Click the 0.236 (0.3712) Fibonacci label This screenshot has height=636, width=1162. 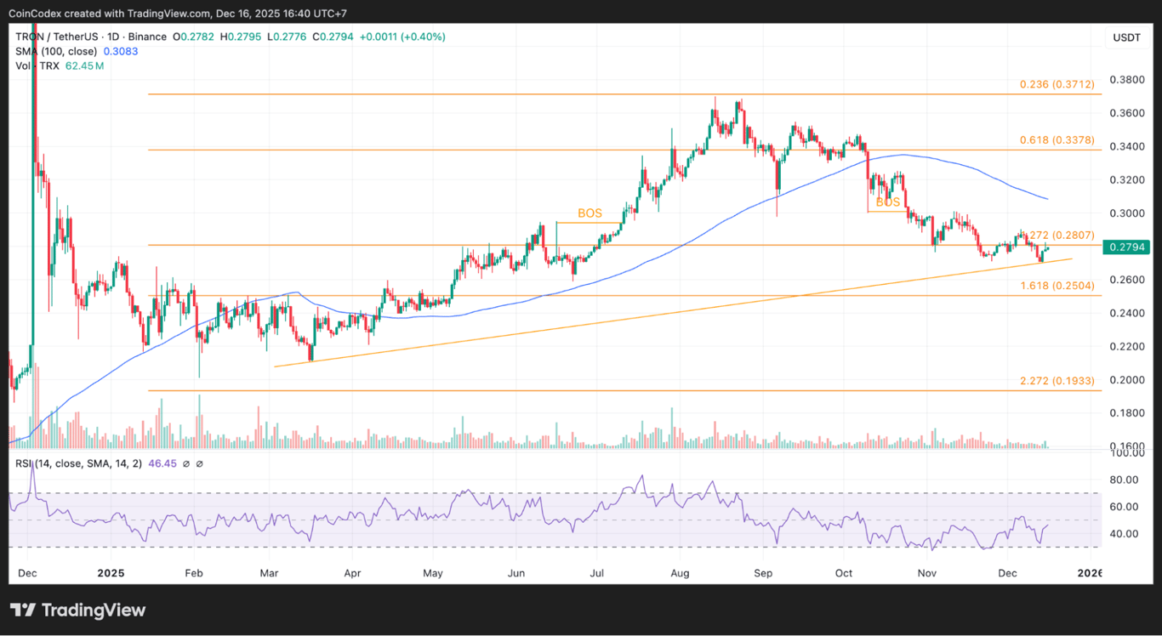pyautogui.click(x=1057, y=85)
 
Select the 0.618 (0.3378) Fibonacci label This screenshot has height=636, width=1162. pyautogui.click(x=1057, y=139)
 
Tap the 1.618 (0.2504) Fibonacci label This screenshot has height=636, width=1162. pyautogui.click(x=1057, y=286)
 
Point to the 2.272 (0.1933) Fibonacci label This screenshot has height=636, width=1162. pyautogui.click(x=1057, y=381)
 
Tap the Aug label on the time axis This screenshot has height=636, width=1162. pyautogui.click(x=681, y=574)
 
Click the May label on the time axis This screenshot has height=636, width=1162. pyautogui.click(x=433, y=574)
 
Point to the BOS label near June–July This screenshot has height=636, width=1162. pyautogui.click(x=590, y=213)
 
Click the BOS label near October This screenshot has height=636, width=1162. pyautogui.click(x=887, y=203)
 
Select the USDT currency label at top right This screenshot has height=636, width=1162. pyautogui.click(x=1126, y=37)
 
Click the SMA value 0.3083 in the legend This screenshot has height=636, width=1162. pyautogui.click(x=121, y=51)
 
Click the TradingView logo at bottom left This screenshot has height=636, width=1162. pyautogui.click(x=77, y=610)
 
